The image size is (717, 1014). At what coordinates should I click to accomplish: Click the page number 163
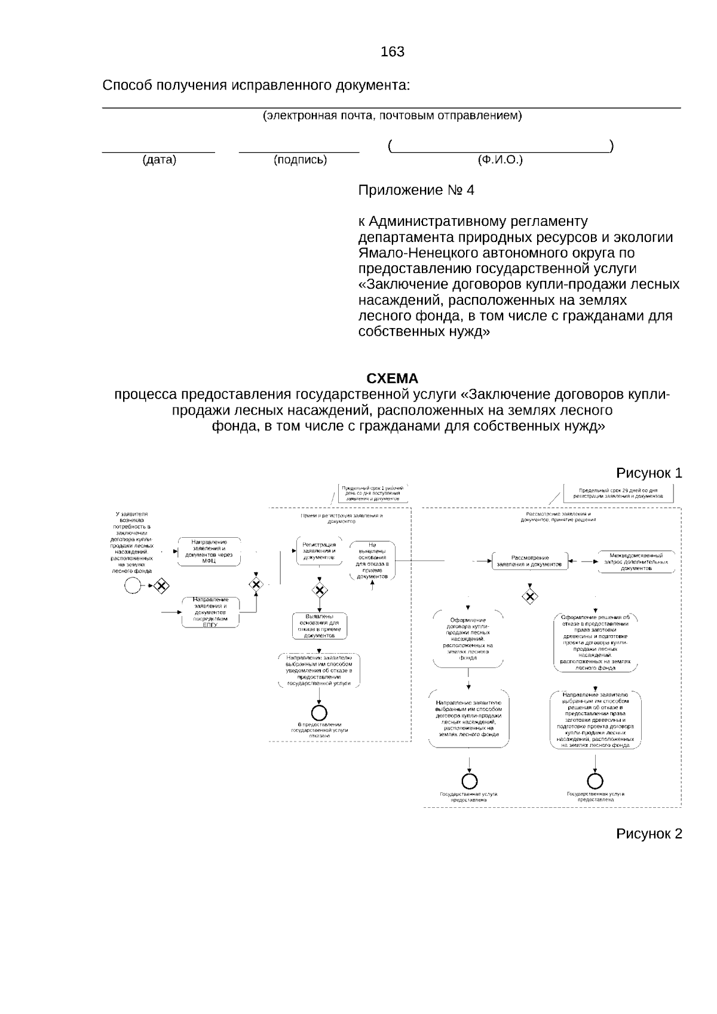tap(393, 52)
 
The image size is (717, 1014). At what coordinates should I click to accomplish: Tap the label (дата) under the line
tap(159, 160)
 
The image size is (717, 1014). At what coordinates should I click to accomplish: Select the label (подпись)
tap(300, 160)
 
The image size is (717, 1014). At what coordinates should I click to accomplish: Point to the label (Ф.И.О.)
tap(500, 160)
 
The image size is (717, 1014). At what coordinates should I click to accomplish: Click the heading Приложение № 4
tap(416, 191)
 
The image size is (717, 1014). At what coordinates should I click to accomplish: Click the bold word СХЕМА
tap(392, 379)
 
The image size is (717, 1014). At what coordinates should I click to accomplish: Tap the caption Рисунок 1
tap(649, 473)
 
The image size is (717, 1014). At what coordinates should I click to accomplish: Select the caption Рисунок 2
tap(649, 834)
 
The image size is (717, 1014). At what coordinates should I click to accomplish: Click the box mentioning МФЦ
tap(209, 552)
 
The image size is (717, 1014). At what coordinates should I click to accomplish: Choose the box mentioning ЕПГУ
tap(210, 612)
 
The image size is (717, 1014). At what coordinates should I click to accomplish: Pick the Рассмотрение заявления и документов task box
tap(529, 560)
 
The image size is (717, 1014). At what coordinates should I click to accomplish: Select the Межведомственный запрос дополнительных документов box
tap(636, 562)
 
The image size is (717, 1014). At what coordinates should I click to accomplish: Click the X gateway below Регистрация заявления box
tap(320, 590)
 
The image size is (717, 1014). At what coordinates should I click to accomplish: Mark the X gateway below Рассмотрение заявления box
tap(529, 596)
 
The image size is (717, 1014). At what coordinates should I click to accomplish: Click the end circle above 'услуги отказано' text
tap(320, 712)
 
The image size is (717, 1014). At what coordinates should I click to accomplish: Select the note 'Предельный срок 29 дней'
tap(618, 493)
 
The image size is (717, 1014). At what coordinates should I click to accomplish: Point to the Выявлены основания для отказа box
tap(320, 626)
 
